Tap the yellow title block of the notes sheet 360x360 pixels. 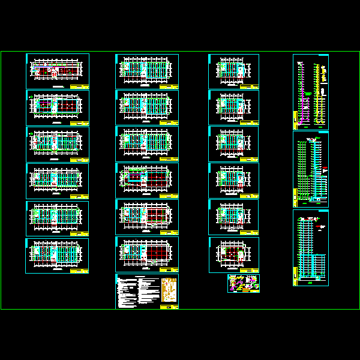click(x=169, y=307)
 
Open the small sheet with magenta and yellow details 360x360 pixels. click(x=244, y=283)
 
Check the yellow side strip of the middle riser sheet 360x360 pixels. click(x=295, y=195)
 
